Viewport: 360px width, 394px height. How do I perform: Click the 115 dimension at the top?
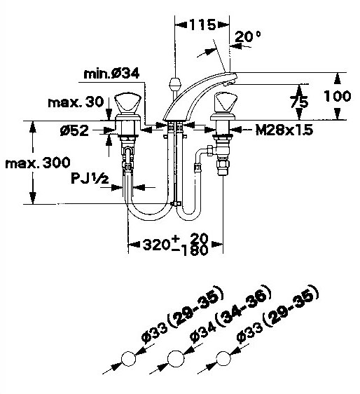pos(202,25)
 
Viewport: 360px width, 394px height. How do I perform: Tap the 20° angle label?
pos(247,36)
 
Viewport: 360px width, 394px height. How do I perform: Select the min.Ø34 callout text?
pos(111,74)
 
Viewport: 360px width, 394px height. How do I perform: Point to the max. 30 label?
pos(76,102)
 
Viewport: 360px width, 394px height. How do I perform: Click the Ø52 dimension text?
pos(74,130)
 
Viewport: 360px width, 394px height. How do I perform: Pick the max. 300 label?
pos(38,163)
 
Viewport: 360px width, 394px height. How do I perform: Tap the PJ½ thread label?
pos(90,178)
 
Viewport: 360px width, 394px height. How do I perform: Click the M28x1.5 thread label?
pos(284,130)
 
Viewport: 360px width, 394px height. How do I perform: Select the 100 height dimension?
pos(337,96)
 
